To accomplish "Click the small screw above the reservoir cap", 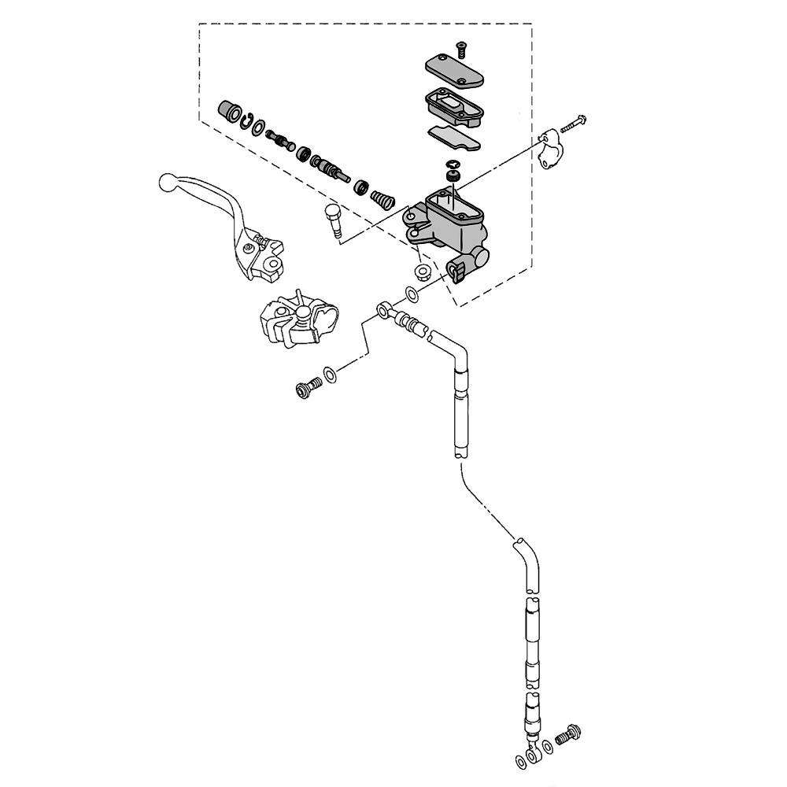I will click(x=460, y=49).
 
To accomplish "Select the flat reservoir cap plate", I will click(x=453, y=71).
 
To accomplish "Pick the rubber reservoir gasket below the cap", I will click(x=453, y=106).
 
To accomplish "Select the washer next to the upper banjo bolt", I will click(x=331, y=373).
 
